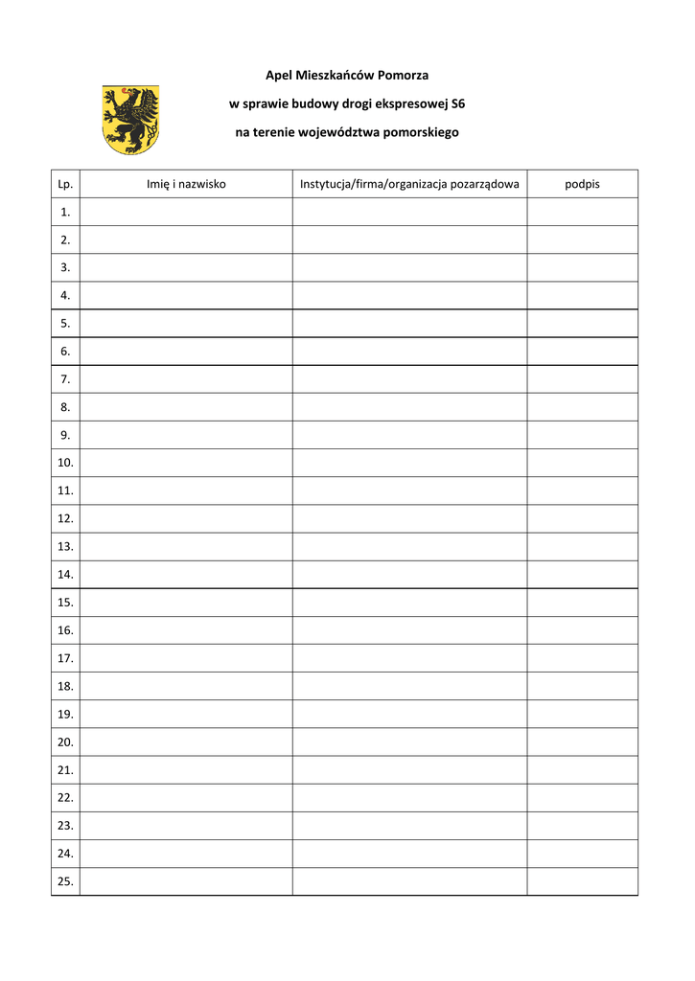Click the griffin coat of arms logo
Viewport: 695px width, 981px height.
click(130, 120)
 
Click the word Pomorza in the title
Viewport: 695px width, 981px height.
click(404, 75)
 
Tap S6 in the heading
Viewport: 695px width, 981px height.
click(457, 103)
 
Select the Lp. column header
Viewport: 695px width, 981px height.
click(65, 184)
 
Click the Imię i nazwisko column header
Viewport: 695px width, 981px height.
click(186, 184)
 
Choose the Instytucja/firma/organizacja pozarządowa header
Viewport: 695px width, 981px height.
click(409, 184)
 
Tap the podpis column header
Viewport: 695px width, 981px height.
click(582, 184)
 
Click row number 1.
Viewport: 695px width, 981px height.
click(65, 212)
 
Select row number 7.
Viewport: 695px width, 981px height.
click(65, 379)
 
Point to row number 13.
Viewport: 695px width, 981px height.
click(65, 546)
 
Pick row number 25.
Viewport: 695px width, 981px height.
click(65, 881)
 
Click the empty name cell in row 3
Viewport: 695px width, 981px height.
click(186, 267)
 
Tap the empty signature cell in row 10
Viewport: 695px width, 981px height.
click(582, 463)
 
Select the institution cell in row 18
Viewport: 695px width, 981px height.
click(409, 686)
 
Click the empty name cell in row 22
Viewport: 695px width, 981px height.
click(186, 797)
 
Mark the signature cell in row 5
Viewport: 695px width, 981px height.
click(582, 324)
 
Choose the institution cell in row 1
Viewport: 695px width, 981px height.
click(409, 212)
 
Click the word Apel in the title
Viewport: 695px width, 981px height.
click(279, 75)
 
